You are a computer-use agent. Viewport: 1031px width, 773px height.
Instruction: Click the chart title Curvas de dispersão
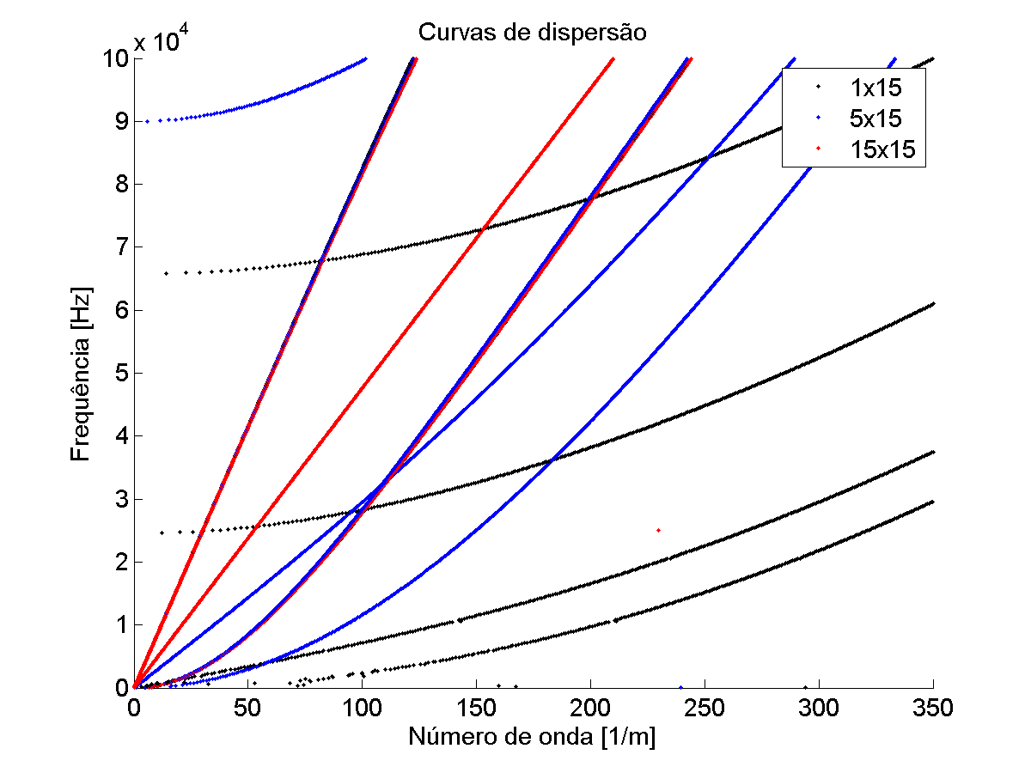click(532, 33)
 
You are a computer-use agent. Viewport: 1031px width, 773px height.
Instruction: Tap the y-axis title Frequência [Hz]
click(81, 373)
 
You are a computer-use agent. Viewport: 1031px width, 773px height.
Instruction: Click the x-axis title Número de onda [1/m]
click(533, 736)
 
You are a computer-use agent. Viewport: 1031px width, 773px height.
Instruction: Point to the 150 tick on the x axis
click(476, 708)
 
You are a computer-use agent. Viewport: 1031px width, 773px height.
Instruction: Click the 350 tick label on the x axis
click(933, 708)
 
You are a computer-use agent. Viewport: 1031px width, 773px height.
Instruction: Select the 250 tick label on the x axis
click(705, 708)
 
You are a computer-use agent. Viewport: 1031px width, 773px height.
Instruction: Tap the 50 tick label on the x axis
click(248, 708)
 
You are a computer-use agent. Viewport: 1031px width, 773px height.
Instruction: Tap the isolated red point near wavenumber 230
click(658, 530)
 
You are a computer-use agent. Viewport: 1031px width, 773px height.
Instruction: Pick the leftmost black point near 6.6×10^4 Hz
click(165, 273)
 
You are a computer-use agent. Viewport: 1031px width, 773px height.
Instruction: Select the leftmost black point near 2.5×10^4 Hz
click(162, 533)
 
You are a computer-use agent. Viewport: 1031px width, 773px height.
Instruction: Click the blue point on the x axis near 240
click(681, 687)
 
